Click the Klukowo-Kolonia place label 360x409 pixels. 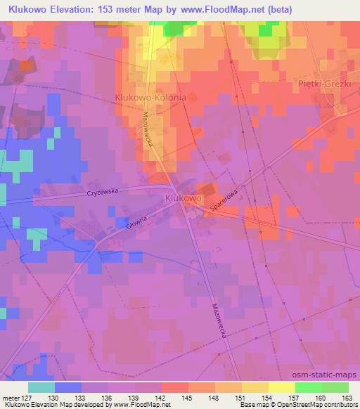(150, 98)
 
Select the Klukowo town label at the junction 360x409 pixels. (184, 199)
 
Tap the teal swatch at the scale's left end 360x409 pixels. (41, 387)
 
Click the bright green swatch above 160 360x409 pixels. (308, 387)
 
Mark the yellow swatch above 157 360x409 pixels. (281, 387)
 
